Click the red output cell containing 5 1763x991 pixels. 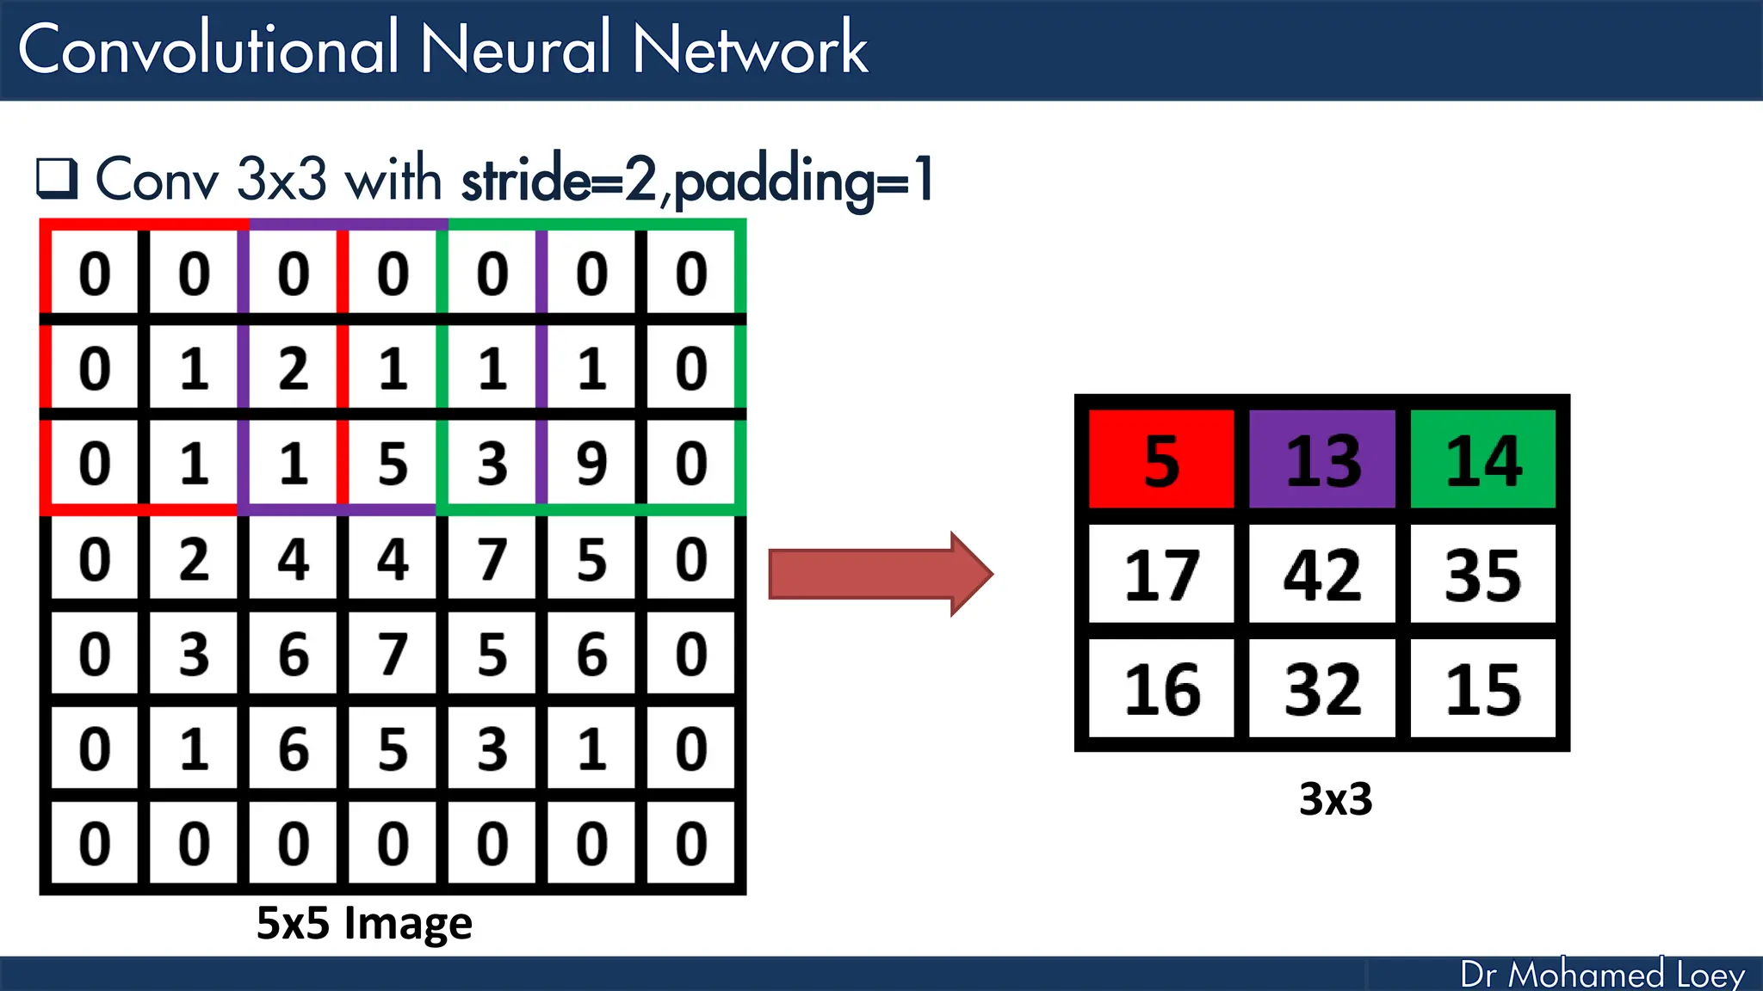pyautogui.click(x=1161, y=460)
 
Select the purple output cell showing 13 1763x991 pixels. pyautogui.click(x=1322, y=460)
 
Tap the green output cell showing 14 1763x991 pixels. pyautogui.click(x=1483, y=460)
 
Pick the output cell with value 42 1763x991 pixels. pyautogui.click(x=1322, y=575)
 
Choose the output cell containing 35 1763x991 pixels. pyautogui.click(x=1483, y=575)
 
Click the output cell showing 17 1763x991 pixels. pyautogui.click(x=1161, y=575)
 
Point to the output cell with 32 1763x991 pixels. pyautogui.click(x=1322, y=689)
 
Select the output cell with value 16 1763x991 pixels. pyautogui.click(x=1161, y=689)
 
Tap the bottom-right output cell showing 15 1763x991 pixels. pyautogui.click(x=1483, y=689)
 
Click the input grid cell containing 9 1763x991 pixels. pyautogui.click(x=591, y=464)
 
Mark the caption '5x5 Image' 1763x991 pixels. pyautogui.click(x=364, y=923)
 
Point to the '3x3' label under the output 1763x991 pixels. pyautogui.click(x=1335, y=799)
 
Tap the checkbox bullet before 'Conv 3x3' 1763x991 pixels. pyautogui.click(x=57, y=178)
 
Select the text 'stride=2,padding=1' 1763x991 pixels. pyautogui.click(x=697, y=180)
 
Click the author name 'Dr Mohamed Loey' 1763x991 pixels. pyautogui.click(x=1602, y=975)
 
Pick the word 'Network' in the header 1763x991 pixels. pyautogui.click(x=750, y=49)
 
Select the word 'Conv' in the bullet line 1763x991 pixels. pyautogui.click(x=157, y=180)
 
